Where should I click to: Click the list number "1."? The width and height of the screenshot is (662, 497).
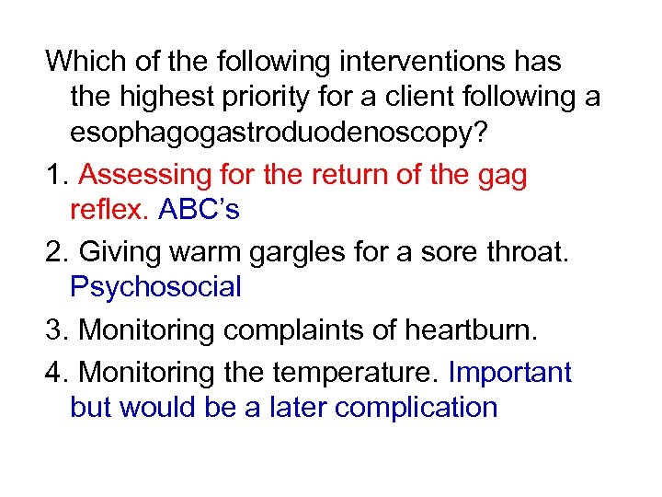pyautogui.click(x=58, y=175)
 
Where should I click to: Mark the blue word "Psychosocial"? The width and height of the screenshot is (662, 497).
pyautogui.click(x=155, y=287)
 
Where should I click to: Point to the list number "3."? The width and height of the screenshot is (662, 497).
pyautogui.click(x=58, y=329)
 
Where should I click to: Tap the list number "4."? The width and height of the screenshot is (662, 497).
pyautogui.click(x=58, y=372)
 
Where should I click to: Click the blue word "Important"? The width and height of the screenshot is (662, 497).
pyautogui.click(x=509, y=372)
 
